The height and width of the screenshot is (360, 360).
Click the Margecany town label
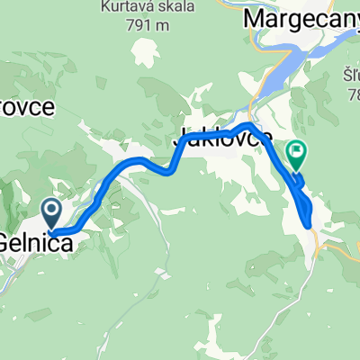click(301, 17)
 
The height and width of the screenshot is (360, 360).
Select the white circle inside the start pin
click(51, 211)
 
